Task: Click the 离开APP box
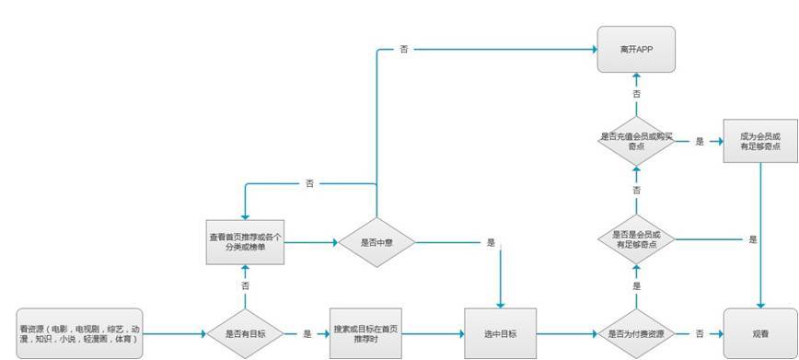pos(636,49)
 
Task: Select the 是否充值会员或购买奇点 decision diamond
pos(636,141)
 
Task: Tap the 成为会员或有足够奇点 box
pos(760,141)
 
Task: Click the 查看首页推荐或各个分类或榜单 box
pos(244,243)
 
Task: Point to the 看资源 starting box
pos(80,332)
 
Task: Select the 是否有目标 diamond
pos(245,333)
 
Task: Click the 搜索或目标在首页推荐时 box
pos(365,333)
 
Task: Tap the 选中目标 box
pos(501,333)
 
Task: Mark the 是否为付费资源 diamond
pos(636,333)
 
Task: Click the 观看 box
pos(760,333)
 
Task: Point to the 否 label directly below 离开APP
pos(636,94)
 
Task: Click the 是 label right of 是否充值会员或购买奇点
pos(700,142)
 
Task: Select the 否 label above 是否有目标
pos(245,286)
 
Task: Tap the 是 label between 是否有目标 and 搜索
pos(307,333)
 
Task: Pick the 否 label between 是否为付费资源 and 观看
pos(700,333)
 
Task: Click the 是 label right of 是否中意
pos(492,243)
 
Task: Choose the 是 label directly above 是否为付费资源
pos(636,286)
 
